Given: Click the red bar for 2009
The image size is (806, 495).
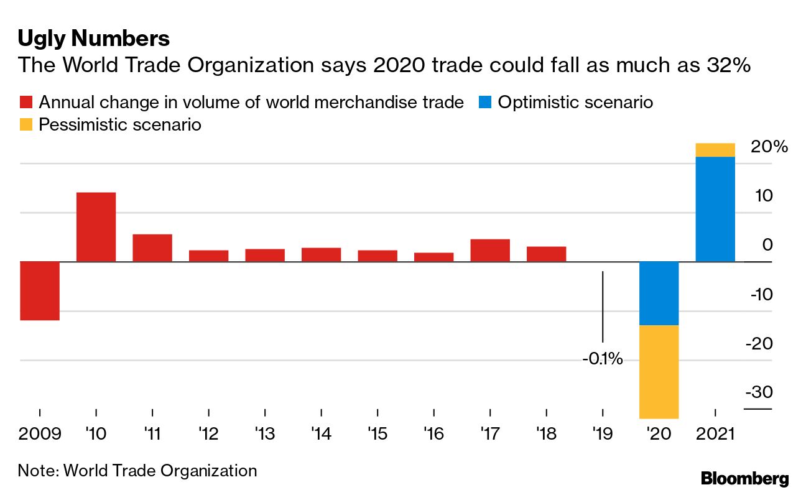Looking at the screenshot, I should (x=40, y=290).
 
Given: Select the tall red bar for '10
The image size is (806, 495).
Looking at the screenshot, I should (x=96, y=227).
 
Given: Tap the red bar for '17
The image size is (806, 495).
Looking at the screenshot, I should (x=490, y=250).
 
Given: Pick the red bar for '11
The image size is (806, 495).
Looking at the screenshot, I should (x=152, y=247).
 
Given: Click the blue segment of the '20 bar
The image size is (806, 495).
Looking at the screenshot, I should (x=659, y=293).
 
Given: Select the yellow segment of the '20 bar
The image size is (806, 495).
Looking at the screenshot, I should (x=659, y=371).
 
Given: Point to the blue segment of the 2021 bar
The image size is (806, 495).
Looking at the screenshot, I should (x=715, y=209).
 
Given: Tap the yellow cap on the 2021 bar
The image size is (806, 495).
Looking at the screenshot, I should (x=715, y=150).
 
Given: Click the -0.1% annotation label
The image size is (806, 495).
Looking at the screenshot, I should (x=602, y=359).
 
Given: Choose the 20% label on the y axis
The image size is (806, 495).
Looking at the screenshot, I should (x=769, y=147).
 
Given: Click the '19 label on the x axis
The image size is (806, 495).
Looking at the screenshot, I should (x=602, y=433).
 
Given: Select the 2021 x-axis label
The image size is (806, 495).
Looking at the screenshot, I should (x=715, y=433).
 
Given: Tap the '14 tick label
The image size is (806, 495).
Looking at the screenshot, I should (x=321, y=433).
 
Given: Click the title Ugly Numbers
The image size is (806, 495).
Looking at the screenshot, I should (x=93, y=39).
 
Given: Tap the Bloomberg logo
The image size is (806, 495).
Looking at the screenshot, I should (x=744, y=479).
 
